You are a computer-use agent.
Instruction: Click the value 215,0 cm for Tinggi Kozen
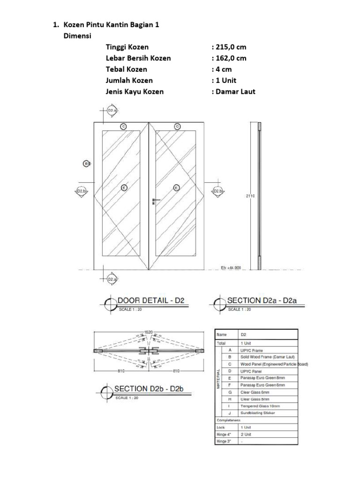coord(229,47)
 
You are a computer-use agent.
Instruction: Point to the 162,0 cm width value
coord(229,58)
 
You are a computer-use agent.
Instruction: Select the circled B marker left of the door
coord(86,163)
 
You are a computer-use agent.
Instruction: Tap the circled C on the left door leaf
coord(124,126)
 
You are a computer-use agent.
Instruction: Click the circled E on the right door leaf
coord(177,187)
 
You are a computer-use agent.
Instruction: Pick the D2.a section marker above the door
coord(112,111)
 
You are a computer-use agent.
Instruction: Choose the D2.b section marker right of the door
coord(217,191)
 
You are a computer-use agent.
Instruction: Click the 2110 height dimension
coord(250,197)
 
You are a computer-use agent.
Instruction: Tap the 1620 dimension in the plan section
coord(149,332)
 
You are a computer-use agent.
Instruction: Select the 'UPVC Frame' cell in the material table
coord(252,350)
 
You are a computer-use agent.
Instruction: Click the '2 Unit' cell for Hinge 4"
coord(246,434)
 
